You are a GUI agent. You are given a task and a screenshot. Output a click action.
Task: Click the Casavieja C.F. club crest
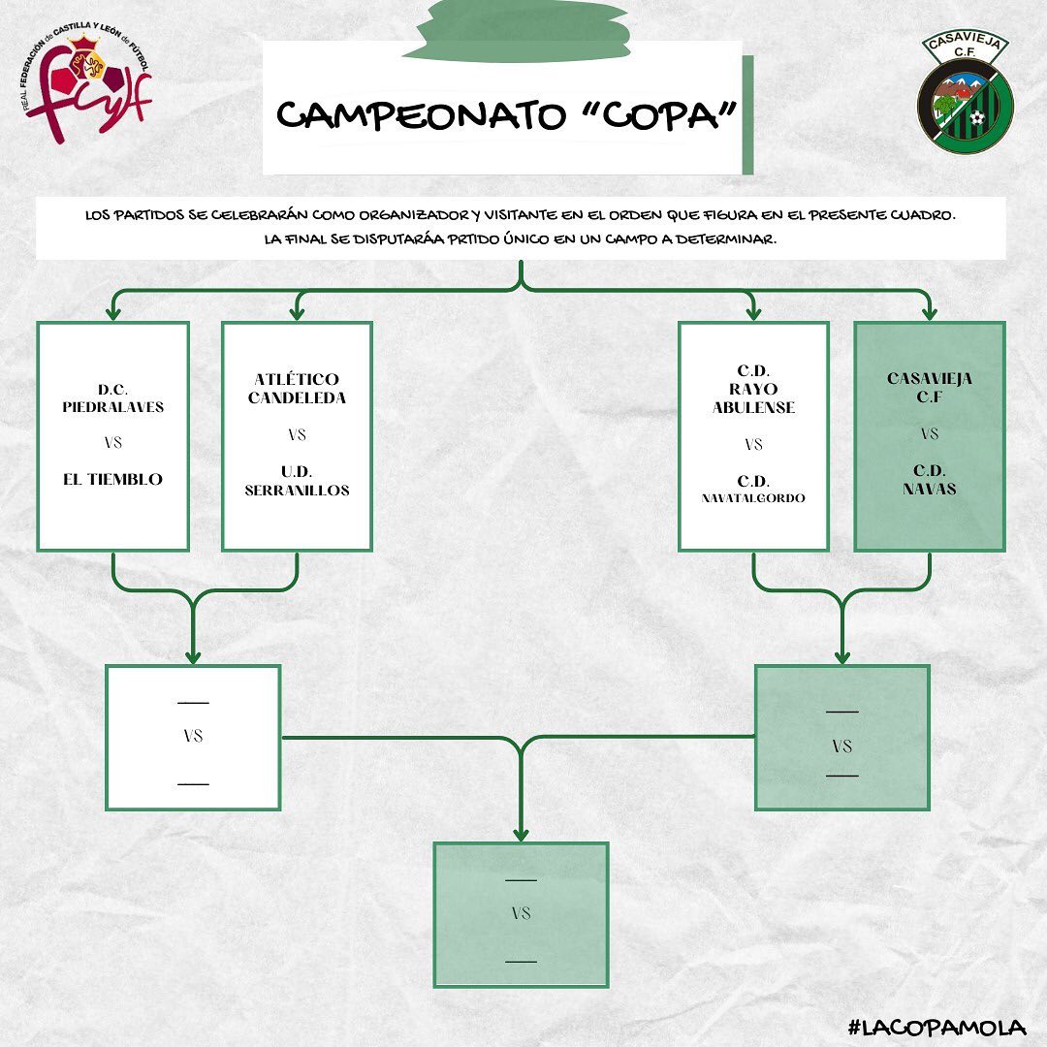click(965, 94)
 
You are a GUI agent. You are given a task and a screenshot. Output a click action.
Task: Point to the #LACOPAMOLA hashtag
click(936, 1028)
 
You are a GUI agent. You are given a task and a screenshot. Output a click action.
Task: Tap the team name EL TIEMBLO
click(112, 479)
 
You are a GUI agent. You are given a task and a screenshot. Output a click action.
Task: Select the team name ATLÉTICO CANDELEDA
click(297, 389)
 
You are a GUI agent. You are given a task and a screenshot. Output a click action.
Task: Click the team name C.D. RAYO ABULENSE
click(753, 389)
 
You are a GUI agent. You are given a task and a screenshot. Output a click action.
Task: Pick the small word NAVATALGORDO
click(753, 498)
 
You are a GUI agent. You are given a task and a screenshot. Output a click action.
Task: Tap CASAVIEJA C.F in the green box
click(929, 386)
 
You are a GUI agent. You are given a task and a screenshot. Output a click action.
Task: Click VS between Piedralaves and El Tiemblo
click(112, 443)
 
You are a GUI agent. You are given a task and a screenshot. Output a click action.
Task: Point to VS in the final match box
click(521, 913)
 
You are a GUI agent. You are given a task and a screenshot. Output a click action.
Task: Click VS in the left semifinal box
click(193, 736)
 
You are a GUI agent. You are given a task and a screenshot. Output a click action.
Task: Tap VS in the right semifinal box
click(841, 746)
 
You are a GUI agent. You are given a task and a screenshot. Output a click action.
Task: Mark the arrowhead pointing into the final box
click(521, 834)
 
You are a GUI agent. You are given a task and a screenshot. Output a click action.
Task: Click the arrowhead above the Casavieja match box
click(929, 313)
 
